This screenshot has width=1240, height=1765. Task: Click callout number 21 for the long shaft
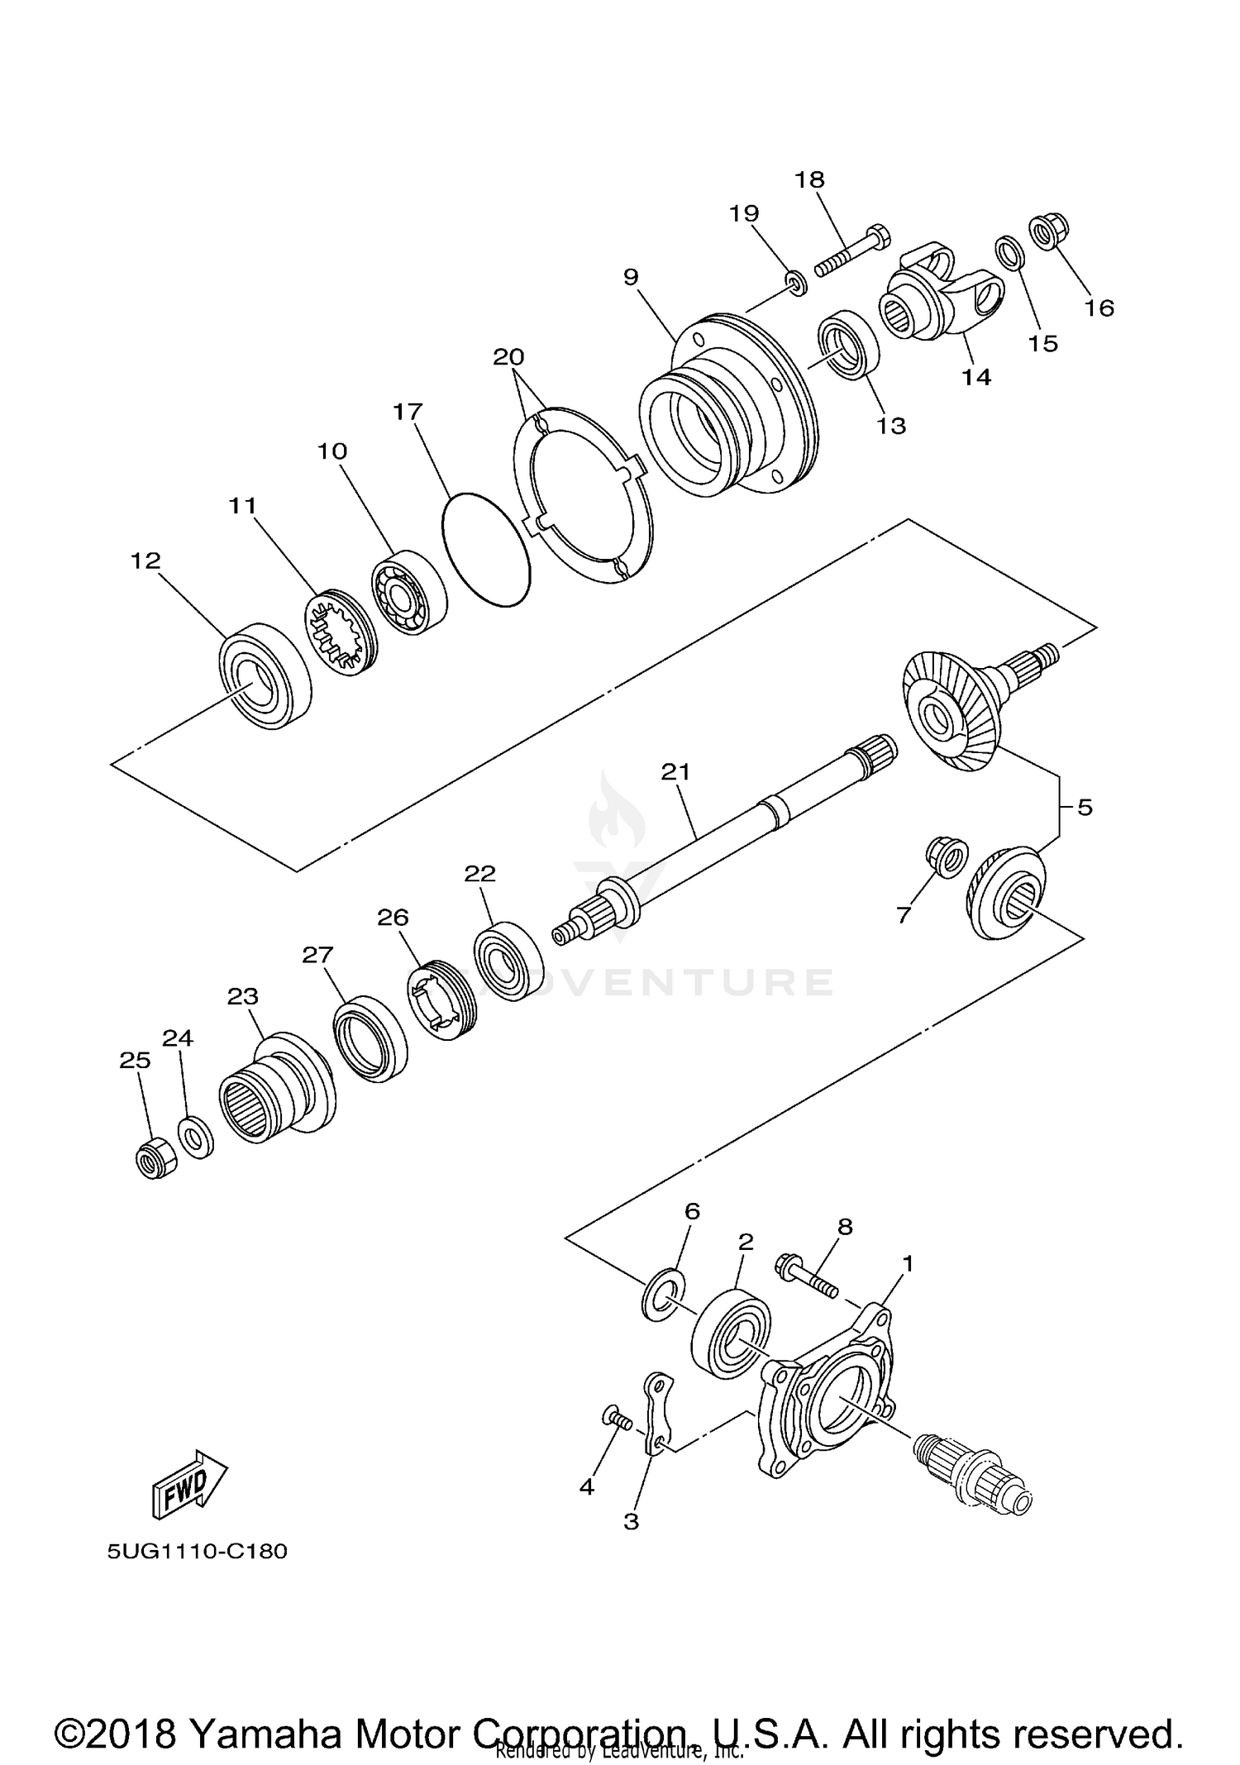675,772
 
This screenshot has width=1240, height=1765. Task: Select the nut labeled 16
1049,232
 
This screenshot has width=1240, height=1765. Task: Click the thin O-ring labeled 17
486,551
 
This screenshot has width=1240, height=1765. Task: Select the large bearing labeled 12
264,675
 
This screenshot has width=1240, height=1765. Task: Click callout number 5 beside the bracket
1085,807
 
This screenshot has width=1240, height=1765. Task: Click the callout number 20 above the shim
508,357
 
